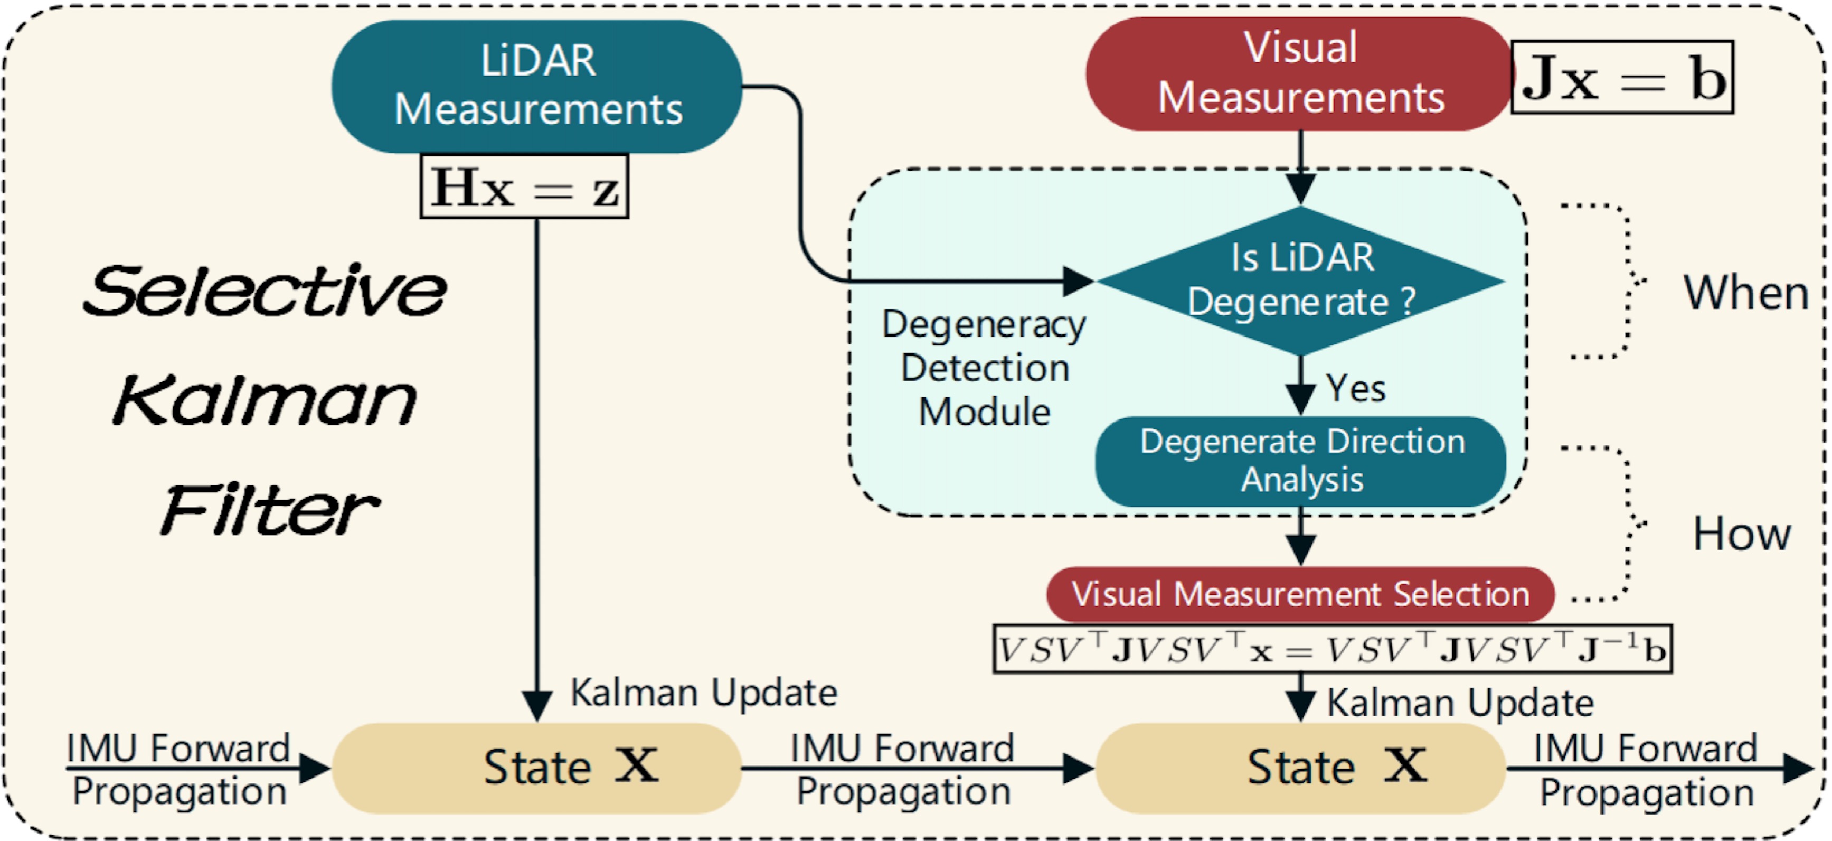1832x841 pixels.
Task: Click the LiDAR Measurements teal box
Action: click(537, 86)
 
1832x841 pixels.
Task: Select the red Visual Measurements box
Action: click(1299, 73)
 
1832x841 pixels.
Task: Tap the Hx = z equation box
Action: click(524, 187)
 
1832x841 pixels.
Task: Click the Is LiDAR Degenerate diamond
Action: click(1301, 281)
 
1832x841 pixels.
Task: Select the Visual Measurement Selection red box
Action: click(1299, 594)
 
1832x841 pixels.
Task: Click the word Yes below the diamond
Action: click(1355, 388)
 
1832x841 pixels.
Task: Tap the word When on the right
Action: click(1746, 293)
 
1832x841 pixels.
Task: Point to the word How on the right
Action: click(1741, 534)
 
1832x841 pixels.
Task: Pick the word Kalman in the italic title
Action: click(265, 401)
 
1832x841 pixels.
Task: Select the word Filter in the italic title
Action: click(270, 510)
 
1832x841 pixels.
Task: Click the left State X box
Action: click(537, 767)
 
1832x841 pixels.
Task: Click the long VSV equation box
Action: click(1332, 648)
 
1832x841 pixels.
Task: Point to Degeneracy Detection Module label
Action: click(984, 368)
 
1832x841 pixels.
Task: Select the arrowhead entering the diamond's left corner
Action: click(1078, 281)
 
